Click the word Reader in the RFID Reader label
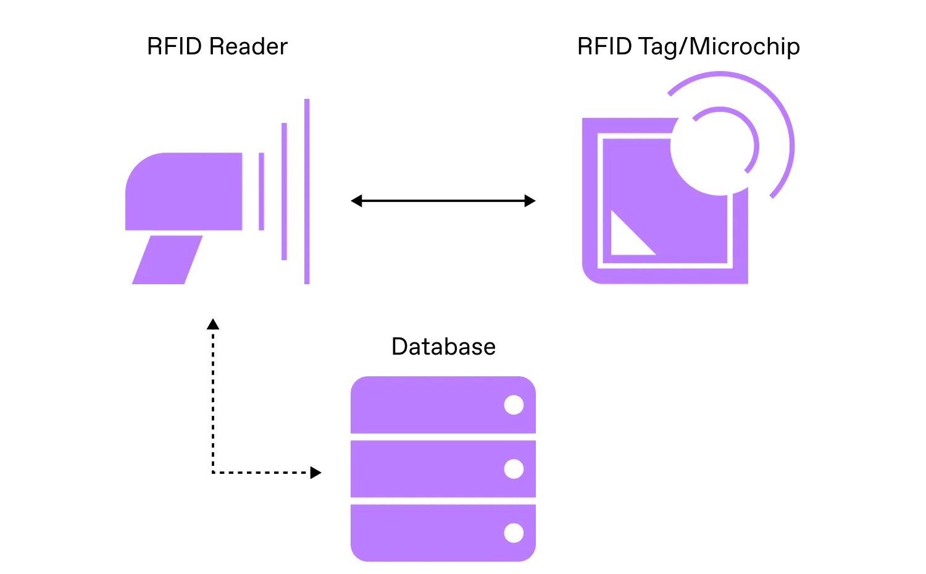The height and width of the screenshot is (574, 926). coord(248,47)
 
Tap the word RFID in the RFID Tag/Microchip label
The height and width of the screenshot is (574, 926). coord(604,47)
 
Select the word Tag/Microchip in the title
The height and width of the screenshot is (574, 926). coord(719,47)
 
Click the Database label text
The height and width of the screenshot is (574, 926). coord(443,347)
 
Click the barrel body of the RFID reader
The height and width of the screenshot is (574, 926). coord(185,192)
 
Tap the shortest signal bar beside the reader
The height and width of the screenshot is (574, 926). coord(262,192)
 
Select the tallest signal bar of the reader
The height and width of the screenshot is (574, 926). coord(307,192)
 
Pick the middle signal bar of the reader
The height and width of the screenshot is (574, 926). coord(284,192)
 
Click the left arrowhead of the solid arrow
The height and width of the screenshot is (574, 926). coord(356,201)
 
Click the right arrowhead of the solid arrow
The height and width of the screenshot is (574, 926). coord(530,201)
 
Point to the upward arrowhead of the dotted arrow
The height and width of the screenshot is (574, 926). coord(213,324)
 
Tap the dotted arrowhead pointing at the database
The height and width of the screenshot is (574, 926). coord(315,473)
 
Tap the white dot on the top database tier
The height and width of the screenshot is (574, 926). coord(514,405)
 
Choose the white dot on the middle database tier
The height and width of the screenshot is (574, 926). coord(514,469)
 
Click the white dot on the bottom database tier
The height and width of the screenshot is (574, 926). coord(514,533)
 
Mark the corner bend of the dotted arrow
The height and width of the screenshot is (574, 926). coord(213,473)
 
